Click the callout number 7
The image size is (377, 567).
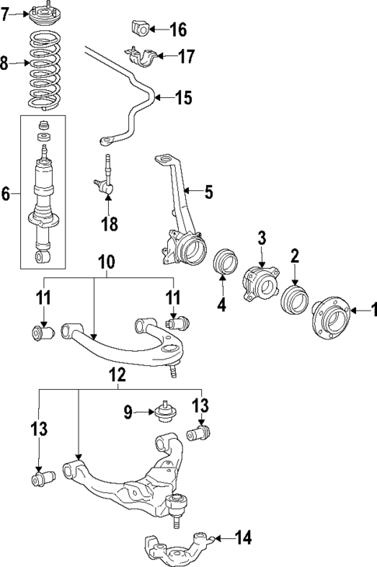point(7,15)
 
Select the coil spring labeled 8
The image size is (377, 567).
point(44,68)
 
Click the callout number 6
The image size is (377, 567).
point(6,193)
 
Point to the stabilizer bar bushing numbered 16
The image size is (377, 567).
point(139,30)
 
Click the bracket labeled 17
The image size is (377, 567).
point(141,57)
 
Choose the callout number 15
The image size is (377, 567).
point(183,98)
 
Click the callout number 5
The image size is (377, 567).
point(208,191)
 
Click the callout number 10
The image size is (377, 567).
point(106,263)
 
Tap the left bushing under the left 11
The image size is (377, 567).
point(42,333)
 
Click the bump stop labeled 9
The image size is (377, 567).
point(164,410)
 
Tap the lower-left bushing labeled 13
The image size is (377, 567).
point(40,478)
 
